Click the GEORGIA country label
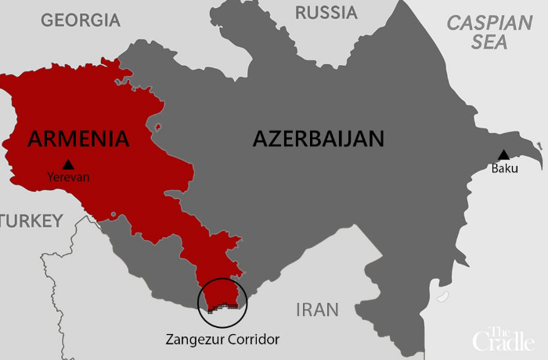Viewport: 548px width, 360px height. pyautogui.click(x=81, y=20)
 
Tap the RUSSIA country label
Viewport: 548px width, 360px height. pyautogui.click(x=326, y=13)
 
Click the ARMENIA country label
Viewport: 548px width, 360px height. pyautogui.click(x=78, y=139)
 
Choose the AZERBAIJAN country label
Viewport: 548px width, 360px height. pyautogui.click(x=319, y=139)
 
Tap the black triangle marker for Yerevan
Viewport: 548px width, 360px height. pyautogui.click(x=69, y=164)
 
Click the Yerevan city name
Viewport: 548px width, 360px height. pyautogui.click(x=69, y=178)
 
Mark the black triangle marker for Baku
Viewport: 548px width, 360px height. pyautogui.click(x=504, y=155)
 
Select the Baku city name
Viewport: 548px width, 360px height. pyautogui.click(x=504, y=168)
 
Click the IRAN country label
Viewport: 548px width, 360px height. pyautogui.click(x=317, y=310)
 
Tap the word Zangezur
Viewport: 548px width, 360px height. pyautogui.click(x=196, y=340)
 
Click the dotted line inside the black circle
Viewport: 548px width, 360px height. pyautogui.click(x=222, y=307)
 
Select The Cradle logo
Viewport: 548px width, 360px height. pyautogui.click(x=503, y=339)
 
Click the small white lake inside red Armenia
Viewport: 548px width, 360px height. pyautogui.click(x=158, y=126)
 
